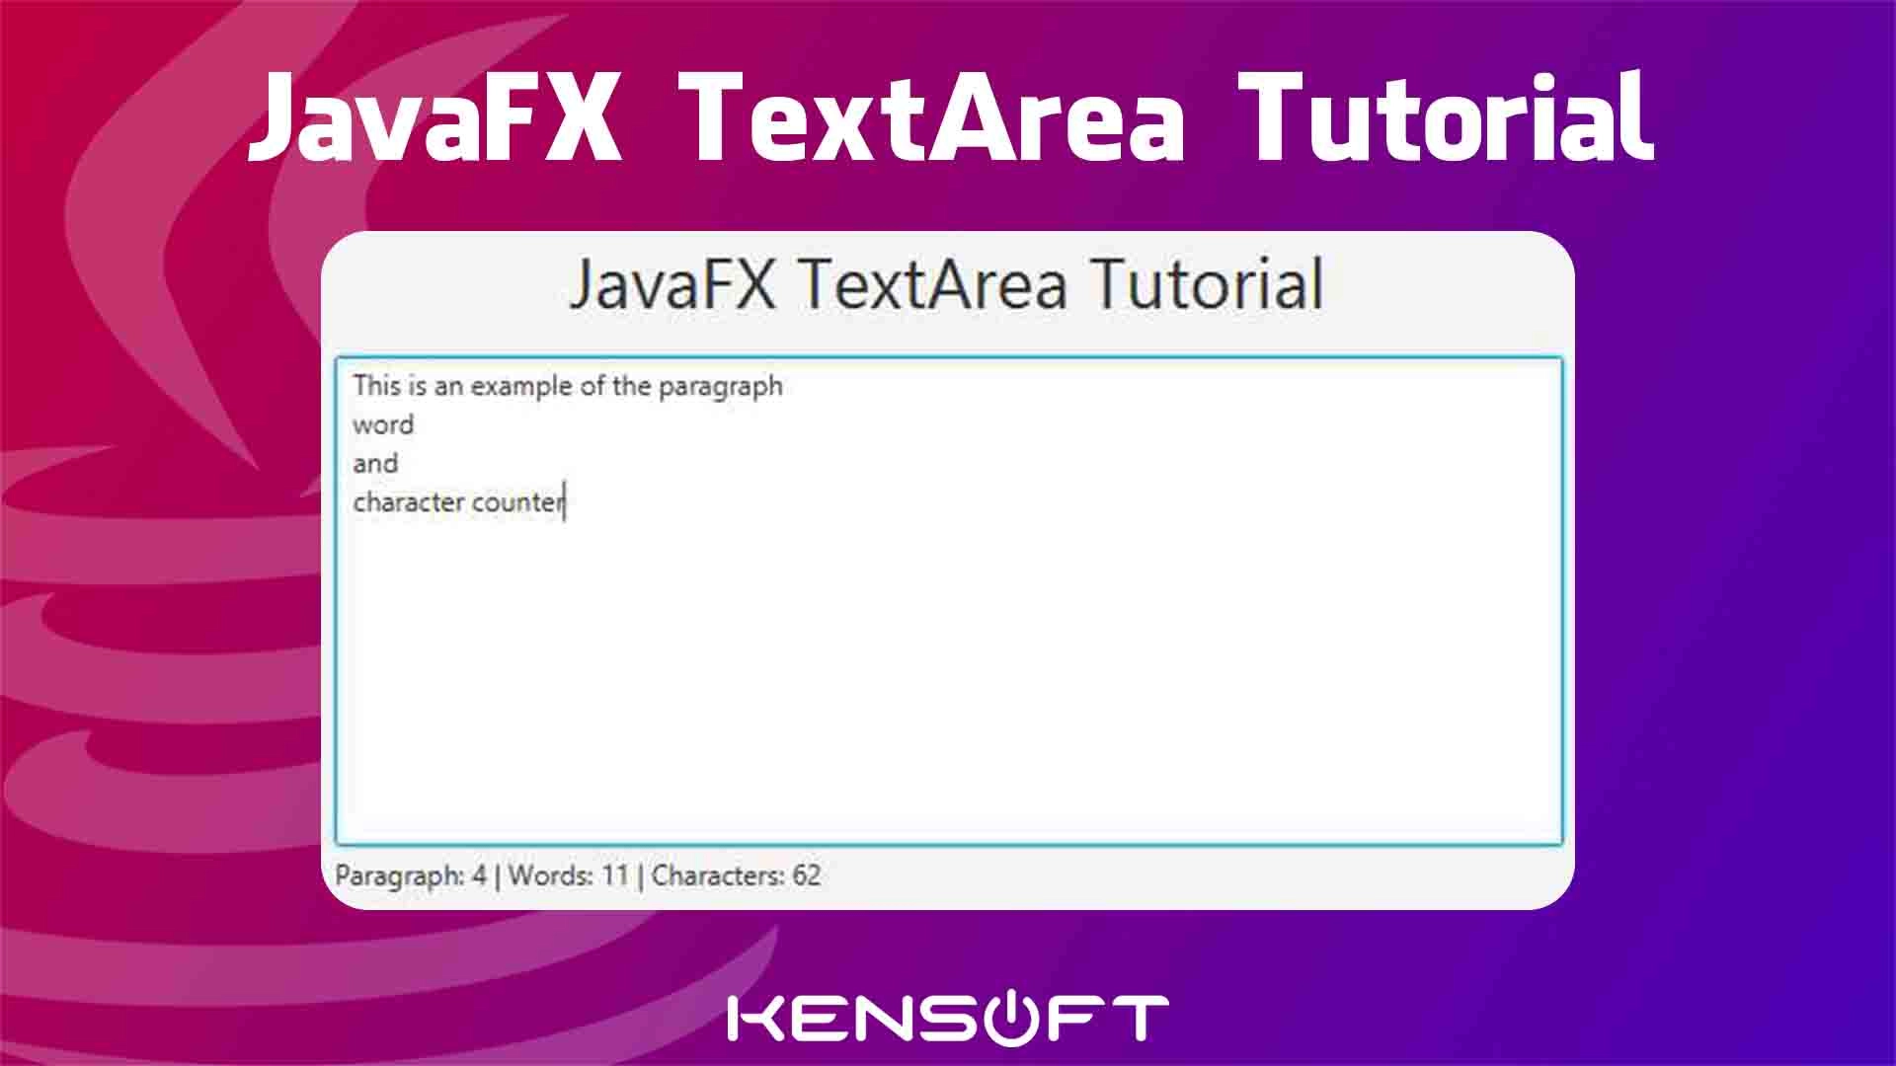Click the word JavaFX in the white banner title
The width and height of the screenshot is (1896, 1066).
434,118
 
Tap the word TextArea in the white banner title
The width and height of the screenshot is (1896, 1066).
931,117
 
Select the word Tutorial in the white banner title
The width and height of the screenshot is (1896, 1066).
1446,117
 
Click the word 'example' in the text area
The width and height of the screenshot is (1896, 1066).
521,387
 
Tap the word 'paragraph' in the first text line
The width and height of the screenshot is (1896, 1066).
721,387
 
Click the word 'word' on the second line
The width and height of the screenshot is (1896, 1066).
383,425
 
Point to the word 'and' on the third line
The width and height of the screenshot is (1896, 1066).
375,463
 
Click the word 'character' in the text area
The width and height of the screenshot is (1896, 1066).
409,502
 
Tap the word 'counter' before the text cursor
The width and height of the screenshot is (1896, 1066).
517,502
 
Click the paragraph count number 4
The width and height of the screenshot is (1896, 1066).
479,876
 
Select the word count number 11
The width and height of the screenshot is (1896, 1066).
615,876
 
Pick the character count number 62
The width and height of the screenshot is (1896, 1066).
807,876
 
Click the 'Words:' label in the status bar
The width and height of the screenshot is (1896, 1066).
551,876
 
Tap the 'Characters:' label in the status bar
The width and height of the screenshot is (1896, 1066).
718,876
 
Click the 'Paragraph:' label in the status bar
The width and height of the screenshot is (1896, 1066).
400,876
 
